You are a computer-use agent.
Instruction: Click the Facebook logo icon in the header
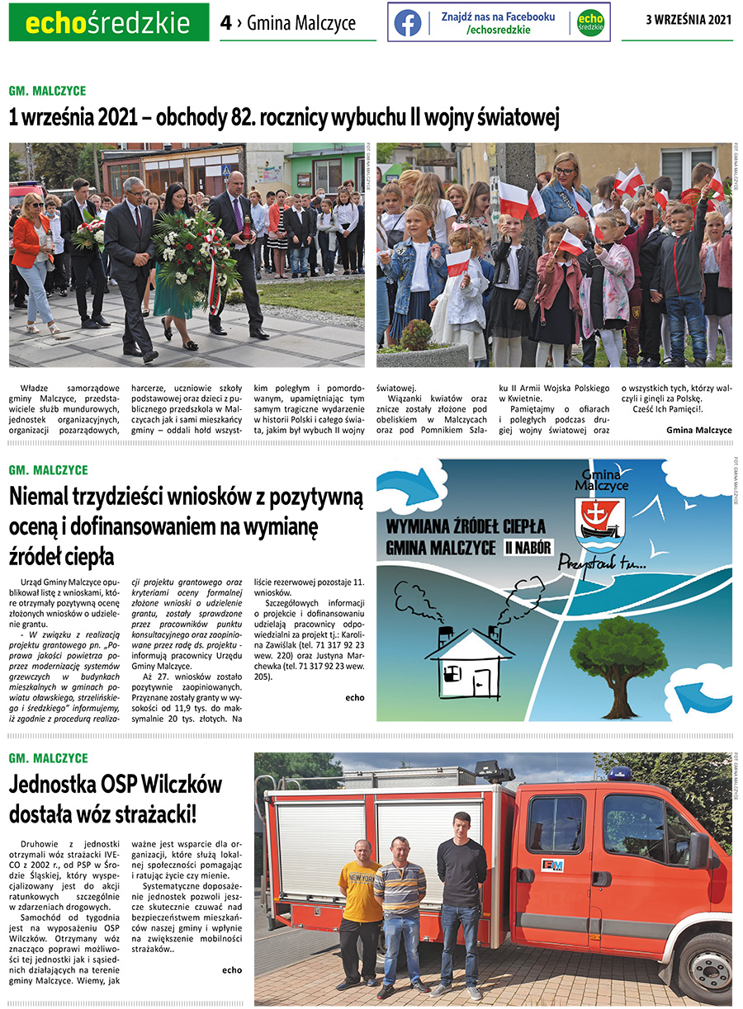[x=407, y=22]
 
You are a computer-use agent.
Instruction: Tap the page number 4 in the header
[x=225, y=23]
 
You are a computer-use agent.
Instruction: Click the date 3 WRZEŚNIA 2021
[x=689, y=20]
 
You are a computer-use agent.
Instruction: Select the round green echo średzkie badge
[x=589, y=22]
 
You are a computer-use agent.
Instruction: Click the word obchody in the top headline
[x=186, y=119]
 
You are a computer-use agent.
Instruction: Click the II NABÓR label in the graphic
[x=526, y=546]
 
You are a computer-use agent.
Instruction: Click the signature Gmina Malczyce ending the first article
[x=698, y=430]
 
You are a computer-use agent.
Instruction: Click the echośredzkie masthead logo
[x=108, y=23]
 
